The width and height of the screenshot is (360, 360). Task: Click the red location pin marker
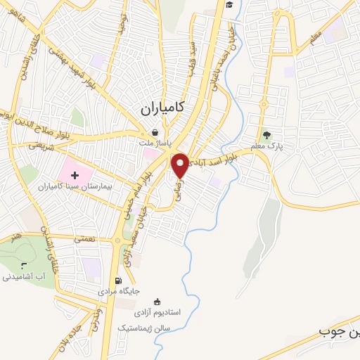181,165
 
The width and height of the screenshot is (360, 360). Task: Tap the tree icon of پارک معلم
266,136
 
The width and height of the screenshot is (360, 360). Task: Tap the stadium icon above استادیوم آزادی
155,300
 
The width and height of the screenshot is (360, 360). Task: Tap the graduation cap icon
229,6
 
